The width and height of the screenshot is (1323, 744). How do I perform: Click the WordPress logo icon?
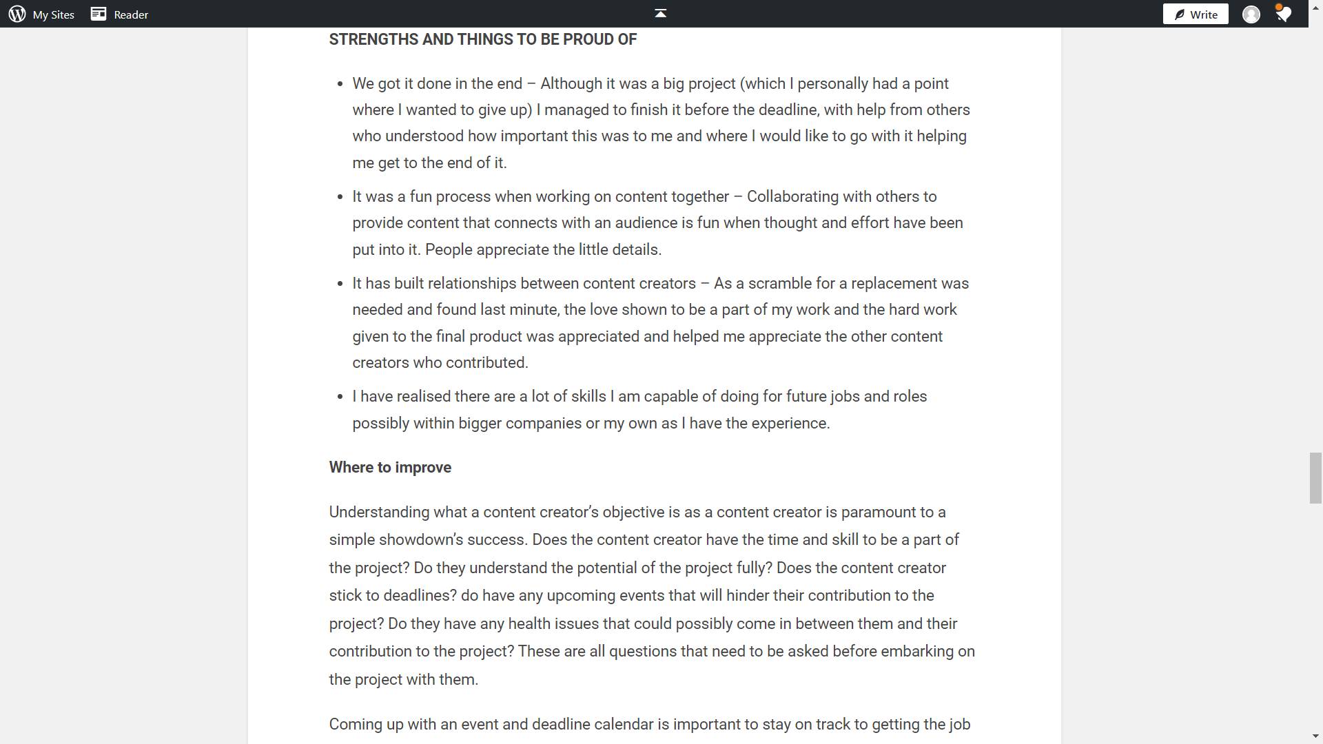(x=17, y=14)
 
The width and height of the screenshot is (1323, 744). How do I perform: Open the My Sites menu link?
(x=53, y=14)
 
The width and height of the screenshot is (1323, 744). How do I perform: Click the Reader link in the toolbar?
(x=130, y=14)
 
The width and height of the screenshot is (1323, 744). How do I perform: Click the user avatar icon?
(x=1251, y=14)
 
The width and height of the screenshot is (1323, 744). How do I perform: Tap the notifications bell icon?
(x=1283, y=14)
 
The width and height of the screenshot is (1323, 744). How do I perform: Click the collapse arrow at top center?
(x=660, y=13)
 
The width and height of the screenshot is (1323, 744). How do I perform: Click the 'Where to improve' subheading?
(x=390, y=467)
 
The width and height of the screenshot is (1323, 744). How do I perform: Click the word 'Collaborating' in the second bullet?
(x=792, y=196)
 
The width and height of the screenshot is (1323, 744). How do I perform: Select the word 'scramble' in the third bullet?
(x=779, y=283)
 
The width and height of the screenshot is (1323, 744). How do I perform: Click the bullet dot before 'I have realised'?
(x=339, y=397)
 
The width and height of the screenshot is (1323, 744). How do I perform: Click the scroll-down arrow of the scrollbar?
(x=1315, y=736)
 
